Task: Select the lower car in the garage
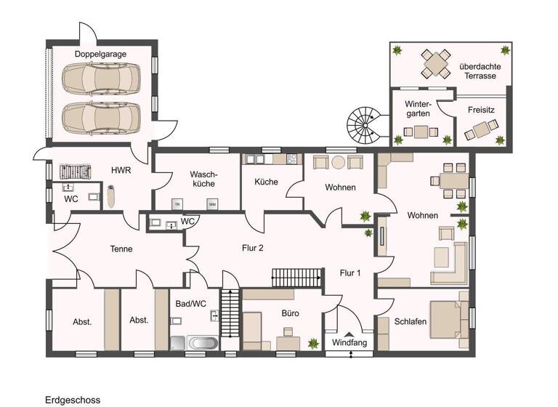pyautogui.click(x=101, y=116)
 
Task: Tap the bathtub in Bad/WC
pyautogui.click(x=201, y=343)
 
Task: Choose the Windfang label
pyautogui.click(x=348, y=342)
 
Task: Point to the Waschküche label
pyautogui.click(x=200, y=180)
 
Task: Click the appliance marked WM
pyautogui.click(x=212, y=204)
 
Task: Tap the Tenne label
pyautogui.click(x=121, y=249)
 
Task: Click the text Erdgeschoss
pyautogui.click(x=73, y=400)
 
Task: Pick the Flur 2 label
pyautogui.click(x=252, y=248)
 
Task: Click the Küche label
pyautogui.click(x=266, y=182)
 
